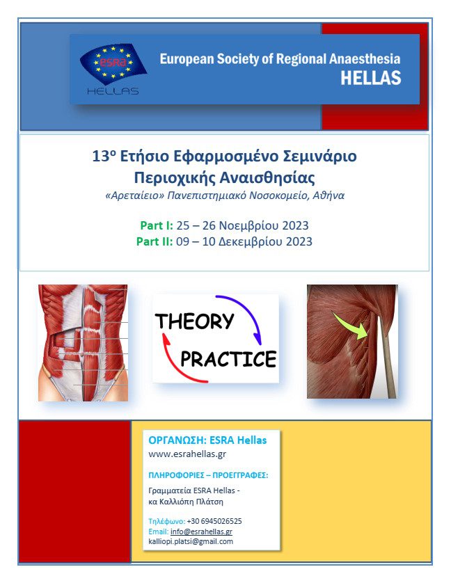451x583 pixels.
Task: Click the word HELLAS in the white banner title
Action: [371, 78]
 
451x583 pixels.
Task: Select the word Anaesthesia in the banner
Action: [365, 58]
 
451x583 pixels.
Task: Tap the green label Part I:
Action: [157, 225]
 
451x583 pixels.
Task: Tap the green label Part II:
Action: [155, 241]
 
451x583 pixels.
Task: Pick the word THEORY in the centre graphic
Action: [194, 321]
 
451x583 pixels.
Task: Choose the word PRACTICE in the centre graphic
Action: [228, 359]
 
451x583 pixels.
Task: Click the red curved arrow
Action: [174, 366]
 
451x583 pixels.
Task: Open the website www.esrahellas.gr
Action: [187, 454]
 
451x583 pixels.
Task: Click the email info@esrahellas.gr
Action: [201, 532]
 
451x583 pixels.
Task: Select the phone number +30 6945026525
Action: [214, 521]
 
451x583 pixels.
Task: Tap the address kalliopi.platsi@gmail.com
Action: [191, 542]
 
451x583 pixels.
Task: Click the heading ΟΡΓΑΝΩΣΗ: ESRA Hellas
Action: [207, 440]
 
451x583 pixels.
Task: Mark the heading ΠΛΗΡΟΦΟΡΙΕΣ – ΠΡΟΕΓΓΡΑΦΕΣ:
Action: [208, 475]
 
